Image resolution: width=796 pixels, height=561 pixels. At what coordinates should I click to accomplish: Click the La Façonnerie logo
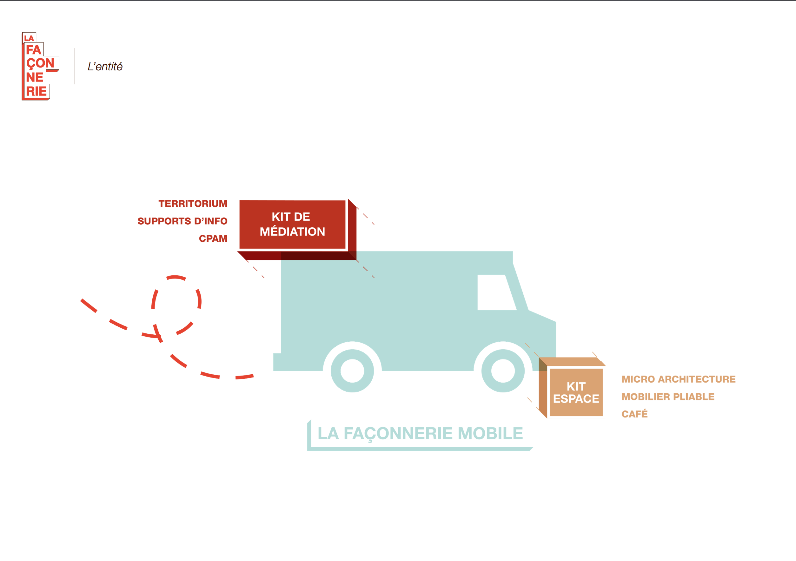pyautogui.click(x=40, y=66)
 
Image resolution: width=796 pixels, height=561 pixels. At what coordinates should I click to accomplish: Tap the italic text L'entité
pyautogui.click(x=105, y=67)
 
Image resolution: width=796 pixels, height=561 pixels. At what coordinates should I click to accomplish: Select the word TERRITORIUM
pyautogui.click(x=193, y=203)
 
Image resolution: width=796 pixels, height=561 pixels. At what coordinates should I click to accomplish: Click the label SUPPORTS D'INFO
pyautogui.click(x=182, y=221)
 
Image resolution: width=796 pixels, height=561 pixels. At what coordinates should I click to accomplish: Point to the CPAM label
pyautogui.click(x=213, y=239)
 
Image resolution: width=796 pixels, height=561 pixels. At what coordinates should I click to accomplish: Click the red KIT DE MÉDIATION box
pyautogui.click(x=292, y=224)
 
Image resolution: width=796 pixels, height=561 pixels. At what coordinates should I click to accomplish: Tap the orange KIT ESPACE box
pyautogui.click(x=576, y=392)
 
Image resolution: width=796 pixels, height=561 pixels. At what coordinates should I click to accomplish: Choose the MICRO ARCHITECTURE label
pyautogui.click(x=678, y=379)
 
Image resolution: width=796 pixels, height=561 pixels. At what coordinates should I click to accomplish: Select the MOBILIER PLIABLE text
pyautogui.click(x=668, y=397)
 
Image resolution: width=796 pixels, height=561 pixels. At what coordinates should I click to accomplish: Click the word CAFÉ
pyautogui.click(x=634, y=414)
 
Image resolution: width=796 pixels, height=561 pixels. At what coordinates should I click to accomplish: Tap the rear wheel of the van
pyautogui.click(x=352, y=371)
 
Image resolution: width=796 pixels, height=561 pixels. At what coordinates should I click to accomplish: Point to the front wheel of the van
pyautogui.click(x=503, y=371)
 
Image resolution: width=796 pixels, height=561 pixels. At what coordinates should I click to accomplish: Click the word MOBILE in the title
pyautogui.click(x=490, y=434)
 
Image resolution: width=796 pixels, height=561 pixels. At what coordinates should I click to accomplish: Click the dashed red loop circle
pyautogui.click(x=176, y=305)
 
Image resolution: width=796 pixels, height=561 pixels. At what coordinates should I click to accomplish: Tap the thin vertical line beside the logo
pyautogui.click(x=75, y=66)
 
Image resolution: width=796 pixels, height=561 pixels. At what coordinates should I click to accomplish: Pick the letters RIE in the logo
pyautogui.click(x=36, y=91)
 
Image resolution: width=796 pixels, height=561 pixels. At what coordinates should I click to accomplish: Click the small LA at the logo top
pyautogui.click(x=29, y=38)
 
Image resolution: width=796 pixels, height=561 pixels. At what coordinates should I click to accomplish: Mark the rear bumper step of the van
pyautogui.click(x=277, y=362)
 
